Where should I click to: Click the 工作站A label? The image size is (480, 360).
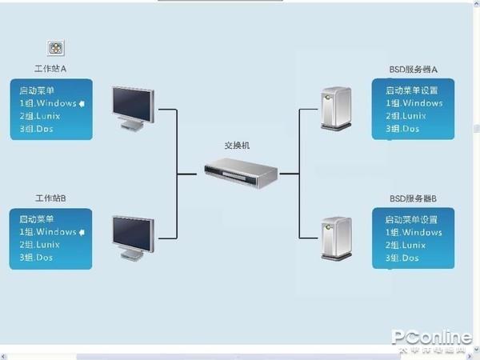pyautogui.click(x=50, y=69)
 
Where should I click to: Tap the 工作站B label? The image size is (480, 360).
pyautogui.click(x=50, y=198)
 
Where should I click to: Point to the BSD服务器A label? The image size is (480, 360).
pyautogui.click(x=413, y=70)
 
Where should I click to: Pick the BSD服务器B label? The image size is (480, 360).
pyautogui.click(x=413, y=198)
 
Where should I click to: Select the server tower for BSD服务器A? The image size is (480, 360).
pyautogui.click(x=334, y=107)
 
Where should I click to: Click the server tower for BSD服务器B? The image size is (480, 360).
pyautogui.click(x=334, y=237)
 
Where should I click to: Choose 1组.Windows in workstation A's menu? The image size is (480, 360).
pyautogui.click(x=48, y=103)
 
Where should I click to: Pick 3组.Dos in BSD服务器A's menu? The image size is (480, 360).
pyautogui.click(x=402, y=129)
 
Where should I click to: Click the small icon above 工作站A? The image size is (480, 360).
pyautogui.click(x=56, y=48)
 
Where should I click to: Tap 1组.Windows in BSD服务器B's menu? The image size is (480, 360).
pyautogui.click(x=414, y=232)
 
